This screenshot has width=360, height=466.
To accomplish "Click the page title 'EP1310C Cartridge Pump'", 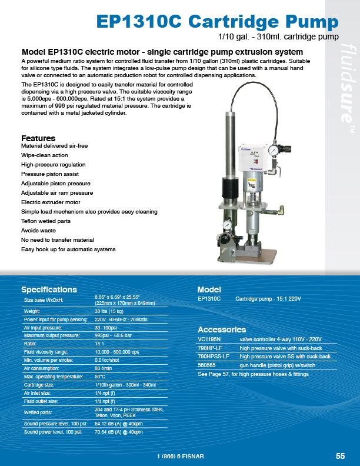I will click(217, 22).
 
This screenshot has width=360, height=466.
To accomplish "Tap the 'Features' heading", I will click(38, 138).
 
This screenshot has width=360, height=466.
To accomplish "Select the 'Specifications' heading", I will click(49, 289).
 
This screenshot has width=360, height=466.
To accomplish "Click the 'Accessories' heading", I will click(222, 329).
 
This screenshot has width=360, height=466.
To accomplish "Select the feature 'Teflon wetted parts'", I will click(46, 221).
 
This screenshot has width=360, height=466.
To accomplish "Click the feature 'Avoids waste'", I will click(38, 231).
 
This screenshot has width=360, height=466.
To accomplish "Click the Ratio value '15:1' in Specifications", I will click(99, 344).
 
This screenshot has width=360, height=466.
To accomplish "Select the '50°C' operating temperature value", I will click(100, 375).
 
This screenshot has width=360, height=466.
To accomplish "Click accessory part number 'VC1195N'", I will click(209, 339).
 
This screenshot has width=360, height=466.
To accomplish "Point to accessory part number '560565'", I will click(206, 365).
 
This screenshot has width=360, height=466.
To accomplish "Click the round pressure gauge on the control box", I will click(272, 151).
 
